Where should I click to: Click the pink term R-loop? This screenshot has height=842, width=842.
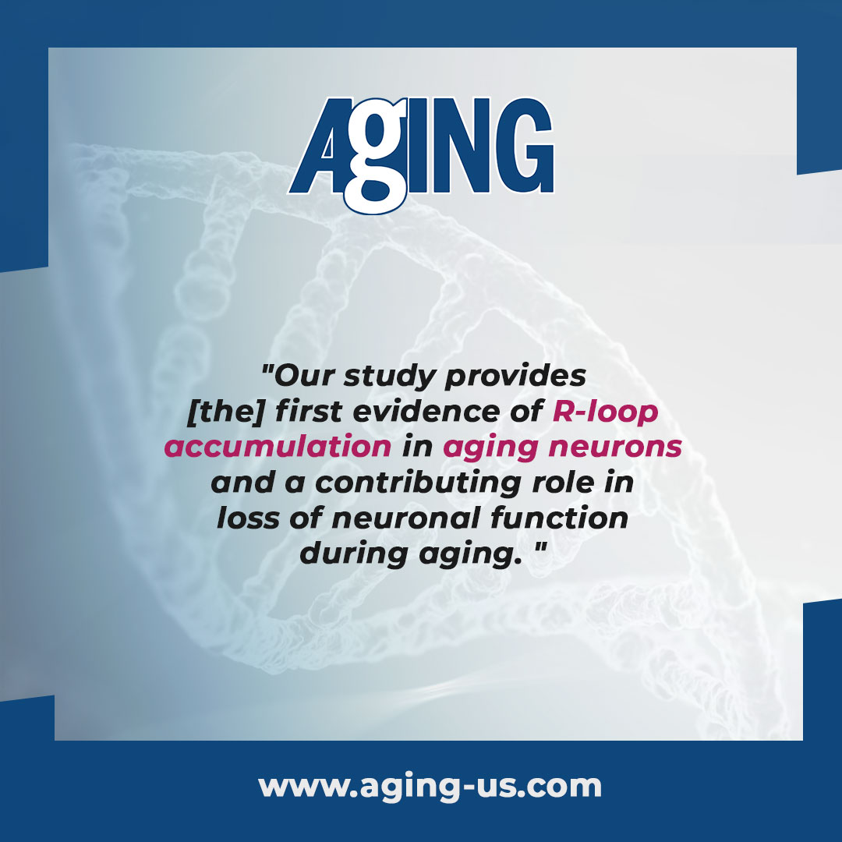pos(605,412)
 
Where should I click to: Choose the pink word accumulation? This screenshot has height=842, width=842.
pos(278,448)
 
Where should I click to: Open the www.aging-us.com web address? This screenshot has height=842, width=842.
pos(430,786)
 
